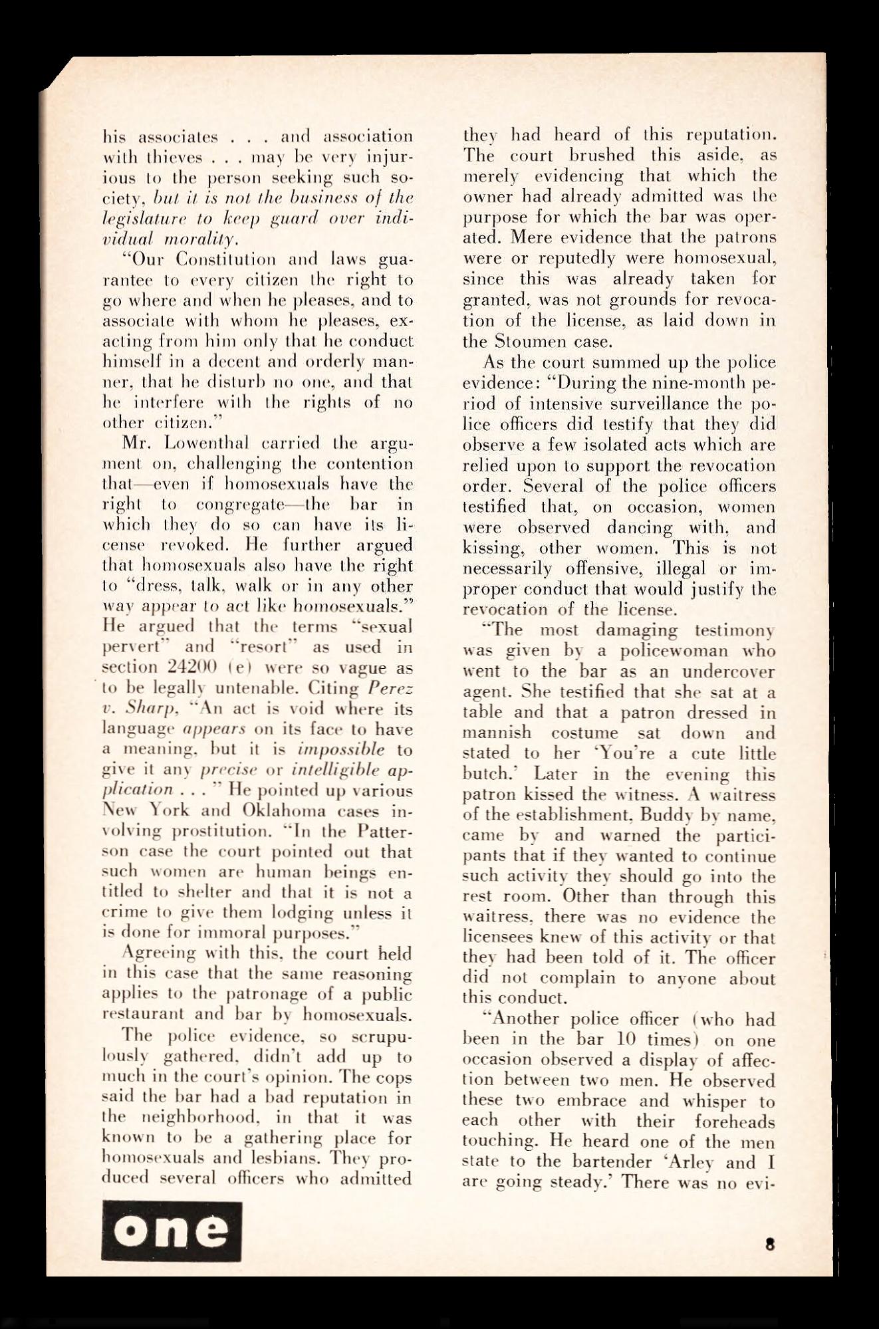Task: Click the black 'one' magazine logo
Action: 172,1231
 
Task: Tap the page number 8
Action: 770,1244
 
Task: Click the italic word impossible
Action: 340,749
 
